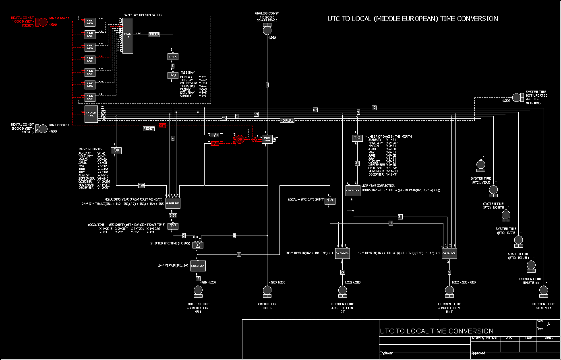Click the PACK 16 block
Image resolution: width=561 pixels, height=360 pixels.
coord(128,35)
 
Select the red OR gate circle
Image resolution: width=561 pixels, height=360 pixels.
coord(240,139)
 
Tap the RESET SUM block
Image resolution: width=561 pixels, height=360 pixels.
coord(267,139)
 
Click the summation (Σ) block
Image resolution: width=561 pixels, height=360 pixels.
coord(198,245)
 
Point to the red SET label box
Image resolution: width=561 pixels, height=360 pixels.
coord(162,126)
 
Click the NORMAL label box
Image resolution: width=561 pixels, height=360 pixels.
coord(287,120)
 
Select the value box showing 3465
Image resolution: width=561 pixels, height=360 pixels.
coord(173,215)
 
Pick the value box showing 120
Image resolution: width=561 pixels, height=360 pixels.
coord(141,185)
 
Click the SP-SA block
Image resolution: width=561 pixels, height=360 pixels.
coord(173,57)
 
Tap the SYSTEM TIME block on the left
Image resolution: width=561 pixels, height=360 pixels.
coord(91,115)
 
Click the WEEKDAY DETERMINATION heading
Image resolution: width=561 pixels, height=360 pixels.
coord(143,15)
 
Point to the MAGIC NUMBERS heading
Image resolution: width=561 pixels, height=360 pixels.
coord(90,149)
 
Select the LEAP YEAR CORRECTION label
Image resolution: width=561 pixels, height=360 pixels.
coord(378,186)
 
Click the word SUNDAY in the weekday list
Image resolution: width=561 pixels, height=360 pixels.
coord(186,96)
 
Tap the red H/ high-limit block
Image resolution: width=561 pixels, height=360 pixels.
coord(215,143)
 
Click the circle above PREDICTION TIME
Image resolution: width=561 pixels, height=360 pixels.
coord(267,290)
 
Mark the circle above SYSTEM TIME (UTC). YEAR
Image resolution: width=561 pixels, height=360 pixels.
coord(481,164)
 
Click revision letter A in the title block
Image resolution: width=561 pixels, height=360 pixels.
coord(548,324)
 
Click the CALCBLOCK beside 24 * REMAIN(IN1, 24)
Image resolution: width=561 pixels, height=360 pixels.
coord(198,266)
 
